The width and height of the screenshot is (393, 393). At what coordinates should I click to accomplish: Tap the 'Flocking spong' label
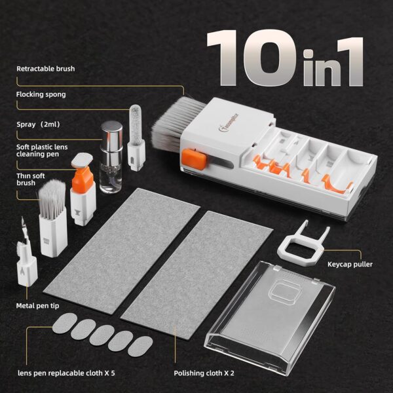[x=41, y=94]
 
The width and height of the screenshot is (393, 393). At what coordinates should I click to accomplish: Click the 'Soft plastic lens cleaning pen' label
[x=42, y=151]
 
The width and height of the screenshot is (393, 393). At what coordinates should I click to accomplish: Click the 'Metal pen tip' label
[x=39, y=305]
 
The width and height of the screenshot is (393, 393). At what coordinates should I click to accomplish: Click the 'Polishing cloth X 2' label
[x=204, y=373]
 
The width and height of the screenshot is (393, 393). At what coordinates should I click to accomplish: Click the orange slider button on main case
[x=189, y=157]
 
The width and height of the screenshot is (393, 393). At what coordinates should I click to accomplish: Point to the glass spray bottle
[x=112, y=157]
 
